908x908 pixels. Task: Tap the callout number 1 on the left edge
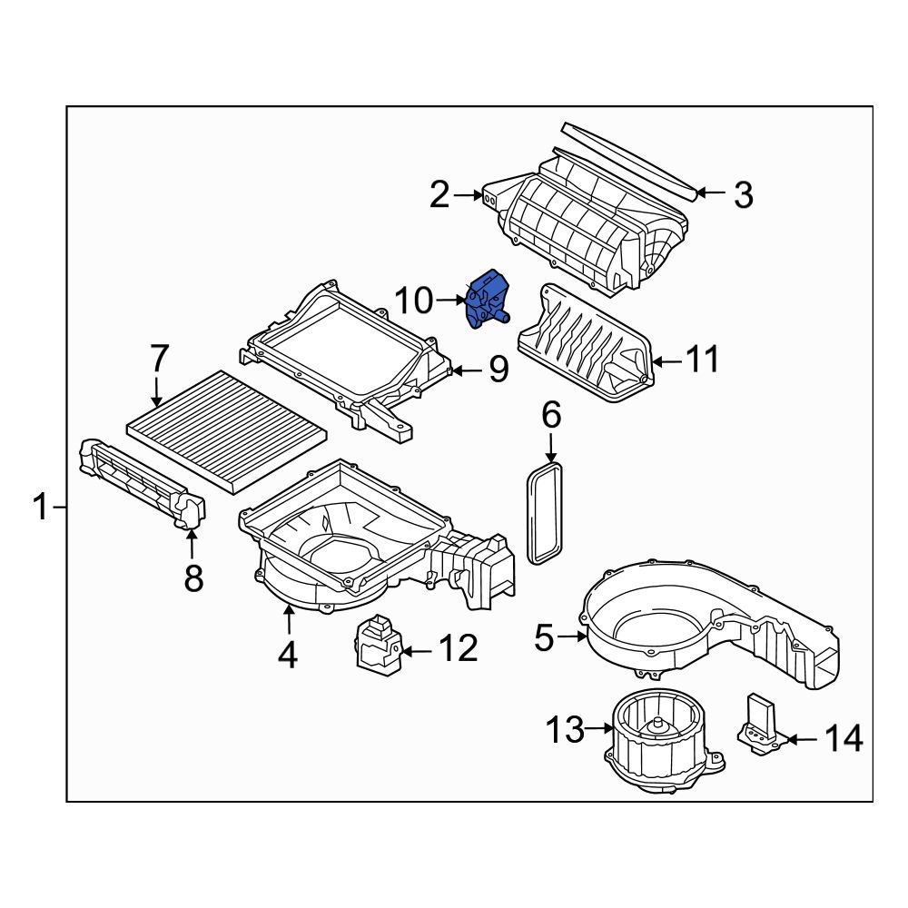pos(40,507)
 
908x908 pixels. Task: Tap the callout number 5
pos(543,638)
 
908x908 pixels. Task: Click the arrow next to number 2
pos(470,194)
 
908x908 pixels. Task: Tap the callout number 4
pos(288,655)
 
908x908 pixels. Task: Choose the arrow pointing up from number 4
pos(289,621)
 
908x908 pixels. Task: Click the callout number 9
pos(498,370)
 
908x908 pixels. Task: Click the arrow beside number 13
pos(602,728)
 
